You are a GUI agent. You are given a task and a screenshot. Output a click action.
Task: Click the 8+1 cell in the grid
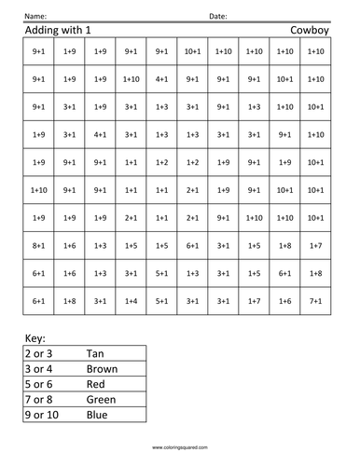(38, 245)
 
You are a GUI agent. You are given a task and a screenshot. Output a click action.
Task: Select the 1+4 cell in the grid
(131, 301)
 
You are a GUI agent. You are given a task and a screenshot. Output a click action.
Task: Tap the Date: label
(217, 17)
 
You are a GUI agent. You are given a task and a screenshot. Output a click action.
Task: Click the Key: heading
(34, 339)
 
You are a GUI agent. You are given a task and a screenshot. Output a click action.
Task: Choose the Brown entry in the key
(127, 369)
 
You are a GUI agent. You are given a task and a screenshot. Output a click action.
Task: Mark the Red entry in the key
(121, 384)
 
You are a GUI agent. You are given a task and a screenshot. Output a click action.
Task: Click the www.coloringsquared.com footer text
(179, 447)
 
